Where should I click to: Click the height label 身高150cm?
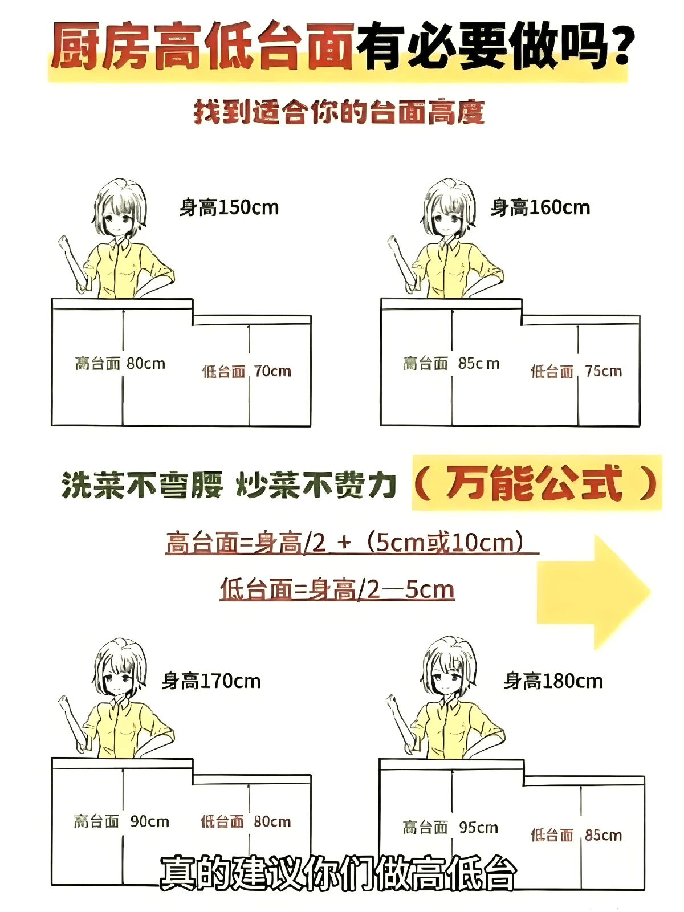click(229, 207)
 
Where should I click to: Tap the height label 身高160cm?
click(540, 207)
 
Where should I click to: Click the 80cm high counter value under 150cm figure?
click(146, 364)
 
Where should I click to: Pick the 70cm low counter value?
click(272, 371)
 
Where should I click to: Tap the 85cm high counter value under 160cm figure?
click(479, 364)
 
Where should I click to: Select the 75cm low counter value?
click(604, 371)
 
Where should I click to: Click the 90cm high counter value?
click(149, 821)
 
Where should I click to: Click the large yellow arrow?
click(593, 592)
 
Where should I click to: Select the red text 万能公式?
click(535, 483)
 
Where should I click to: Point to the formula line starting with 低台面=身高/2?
click(337, 589)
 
